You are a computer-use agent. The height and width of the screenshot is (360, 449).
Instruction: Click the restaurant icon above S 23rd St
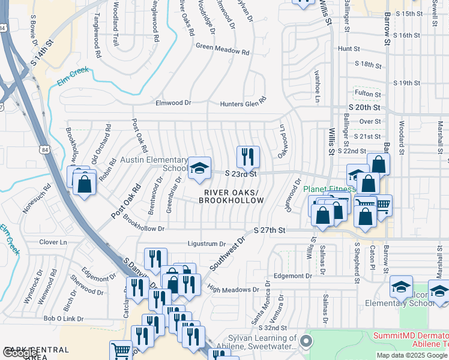point(248,157)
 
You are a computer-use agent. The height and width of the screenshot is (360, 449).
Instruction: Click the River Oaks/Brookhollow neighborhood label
point(233,196)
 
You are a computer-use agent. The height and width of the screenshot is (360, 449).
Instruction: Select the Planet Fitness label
point(325,189)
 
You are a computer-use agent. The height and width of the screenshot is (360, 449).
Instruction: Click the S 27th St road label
point(269,230)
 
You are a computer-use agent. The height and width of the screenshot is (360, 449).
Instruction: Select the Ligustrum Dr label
point(206,244)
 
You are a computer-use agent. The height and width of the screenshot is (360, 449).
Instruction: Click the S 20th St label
point(364,107)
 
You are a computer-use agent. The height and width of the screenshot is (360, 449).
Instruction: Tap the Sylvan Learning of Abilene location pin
point(306,341)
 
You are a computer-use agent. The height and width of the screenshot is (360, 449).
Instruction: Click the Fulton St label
point(368,94)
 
